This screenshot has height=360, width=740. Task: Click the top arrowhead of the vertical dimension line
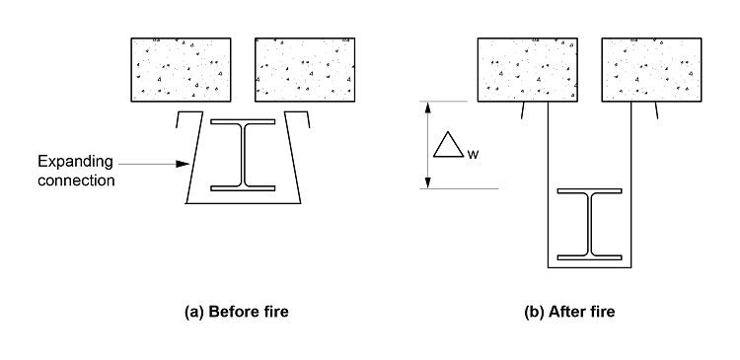(x=427, y=106)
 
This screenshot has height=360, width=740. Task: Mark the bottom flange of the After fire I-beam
(x=589, y=256)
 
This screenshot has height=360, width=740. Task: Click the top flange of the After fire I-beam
(x=589, y=190)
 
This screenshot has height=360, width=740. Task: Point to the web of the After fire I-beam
(x=589, y=224)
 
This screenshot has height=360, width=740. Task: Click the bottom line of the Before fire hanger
(x=244, y=204)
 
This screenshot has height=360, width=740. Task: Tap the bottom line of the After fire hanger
(x=589, y=267)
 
